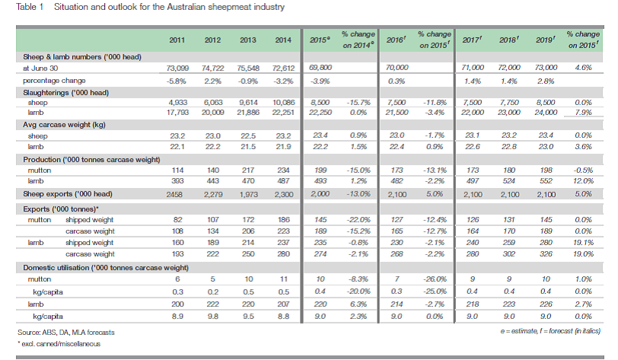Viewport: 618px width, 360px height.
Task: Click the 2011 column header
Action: [177, 40]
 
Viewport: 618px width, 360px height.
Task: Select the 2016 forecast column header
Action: [397, 40]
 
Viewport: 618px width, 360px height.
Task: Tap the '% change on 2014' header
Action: [358, 40]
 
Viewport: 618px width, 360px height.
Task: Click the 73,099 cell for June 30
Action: [177, 68]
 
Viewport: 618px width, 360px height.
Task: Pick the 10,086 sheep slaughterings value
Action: [283, 103]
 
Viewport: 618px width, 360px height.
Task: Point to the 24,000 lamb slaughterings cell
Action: [546, 113]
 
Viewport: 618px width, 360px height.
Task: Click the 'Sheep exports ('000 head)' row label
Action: [68, 194]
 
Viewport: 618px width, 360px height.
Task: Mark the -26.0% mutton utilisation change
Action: [435, 279]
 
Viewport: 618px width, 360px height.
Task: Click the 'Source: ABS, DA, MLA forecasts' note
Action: [65, 333]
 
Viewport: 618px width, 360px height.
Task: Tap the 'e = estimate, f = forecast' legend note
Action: [550, 331]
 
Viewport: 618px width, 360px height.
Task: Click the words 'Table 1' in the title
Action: [30, 7]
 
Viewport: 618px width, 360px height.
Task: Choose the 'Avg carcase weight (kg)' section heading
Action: [64, 125]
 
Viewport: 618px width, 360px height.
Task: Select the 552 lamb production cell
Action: [546, 181]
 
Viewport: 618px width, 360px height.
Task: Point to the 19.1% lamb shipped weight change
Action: [583, 243]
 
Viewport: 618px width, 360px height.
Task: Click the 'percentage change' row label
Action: [54, 81]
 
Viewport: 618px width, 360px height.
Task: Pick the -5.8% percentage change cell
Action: [177, 81]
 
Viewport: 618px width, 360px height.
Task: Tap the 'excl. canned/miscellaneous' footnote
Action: [59, 344]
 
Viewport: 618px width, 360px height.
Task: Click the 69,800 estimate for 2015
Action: [320, 68]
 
